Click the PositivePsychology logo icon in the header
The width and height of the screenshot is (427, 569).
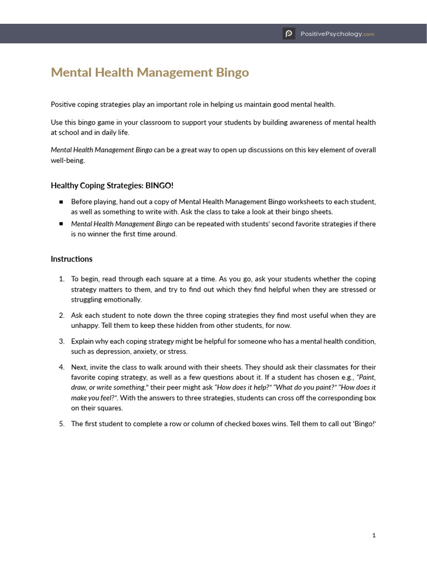point(289,34)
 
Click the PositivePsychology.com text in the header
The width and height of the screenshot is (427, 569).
point(337,34)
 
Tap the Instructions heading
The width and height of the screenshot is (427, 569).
point(72,259)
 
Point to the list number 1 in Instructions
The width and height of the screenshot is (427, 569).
point(61,279)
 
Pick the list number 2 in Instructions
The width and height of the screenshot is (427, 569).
point(61,316)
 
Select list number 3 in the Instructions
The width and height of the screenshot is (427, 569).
point(61,341)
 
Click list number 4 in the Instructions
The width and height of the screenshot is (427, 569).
point(61,367)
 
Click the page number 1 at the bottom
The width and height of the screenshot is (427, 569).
point(374,535)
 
